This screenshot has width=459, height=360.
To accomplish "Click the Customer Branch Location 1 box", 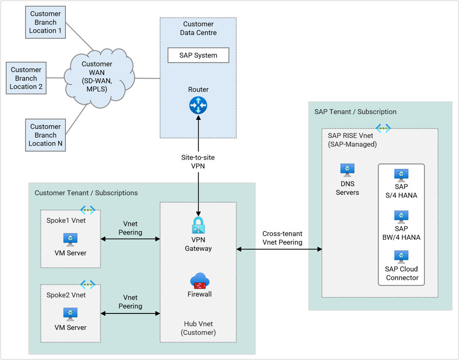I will (46, 22).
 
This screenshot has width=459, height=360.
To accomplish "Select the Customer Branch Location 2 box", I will (26, 78).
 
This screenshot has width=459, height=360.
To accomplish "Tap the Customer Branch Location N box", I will (46, 135).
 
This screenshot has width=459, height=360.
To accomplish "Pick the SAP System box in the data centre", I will (198, 55).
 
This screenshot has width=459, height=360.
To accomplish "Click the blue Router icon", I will (198, 105).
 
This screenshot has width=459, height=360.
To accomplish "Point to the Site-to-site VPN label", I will (198, 161).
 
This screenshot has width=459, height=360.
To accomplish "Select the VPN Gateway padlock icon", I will (198, 227).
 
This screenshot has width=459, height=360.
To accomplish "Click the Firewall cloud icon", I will (199, 281).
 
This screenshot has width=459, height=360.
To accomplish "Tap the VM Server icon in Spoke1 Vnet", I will (70, 239).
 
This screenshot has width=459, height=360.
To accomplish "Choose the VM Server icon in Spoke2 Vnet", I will (70, 314).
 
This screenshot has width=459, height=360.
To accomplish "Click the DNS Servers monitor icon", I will (347, 170).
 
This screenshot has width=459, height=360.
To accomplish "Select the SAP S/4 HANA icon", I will (401, 175).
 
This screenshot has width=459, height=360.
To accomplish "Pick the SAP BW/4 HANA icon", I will (401, 216).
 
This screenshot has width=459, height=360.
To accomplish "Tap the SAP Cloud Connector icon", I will (401, 257).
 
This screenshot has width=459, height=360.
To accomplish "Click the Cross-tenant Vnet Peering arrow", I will (279, 249).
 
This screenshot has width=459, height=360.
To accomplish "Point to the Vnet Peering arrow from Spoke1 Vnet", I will (130, 239).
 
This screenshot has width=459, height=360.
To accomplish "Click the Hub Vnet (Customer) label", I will (198, 328).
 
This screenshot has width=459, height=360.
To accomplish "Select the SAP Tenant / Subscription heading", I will (355, 112).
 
